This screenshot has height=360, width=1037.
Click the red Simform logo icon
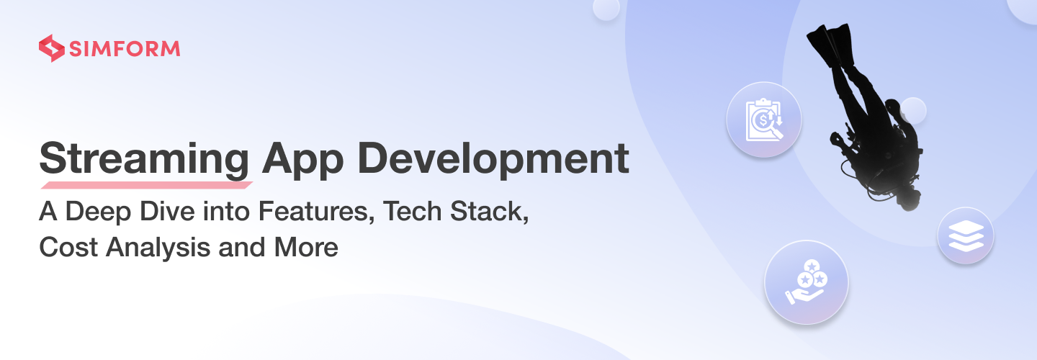[51, 48]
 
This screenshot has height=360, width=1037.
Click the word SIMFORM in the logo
[125, 48]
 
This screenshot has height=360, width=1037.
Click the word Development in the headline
[493, 158]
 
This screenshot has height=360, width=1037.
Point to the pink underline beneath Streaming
[146, 185]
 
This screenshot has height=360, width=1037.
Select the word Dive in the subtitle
[168, 211]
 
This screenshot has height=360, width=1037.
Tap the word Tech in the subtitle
[413, 211]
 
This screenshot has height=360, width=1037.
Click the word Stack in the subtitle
[489, 212]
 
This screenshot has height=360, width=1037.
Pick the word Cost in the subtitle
[68, 247]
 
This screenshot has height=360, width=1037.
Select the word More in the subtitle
[306, 247]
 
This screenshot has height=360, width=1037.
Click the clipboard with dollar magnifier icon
[764, 120]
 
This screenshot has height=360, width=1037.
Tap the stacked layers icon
[966, 236]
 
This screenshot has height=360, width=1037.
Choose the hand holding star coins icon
[807, 282]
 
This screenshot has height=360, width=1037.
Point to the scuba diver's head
[908, 198]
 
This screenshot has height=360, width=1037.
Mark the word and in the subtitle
[242, 247]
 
